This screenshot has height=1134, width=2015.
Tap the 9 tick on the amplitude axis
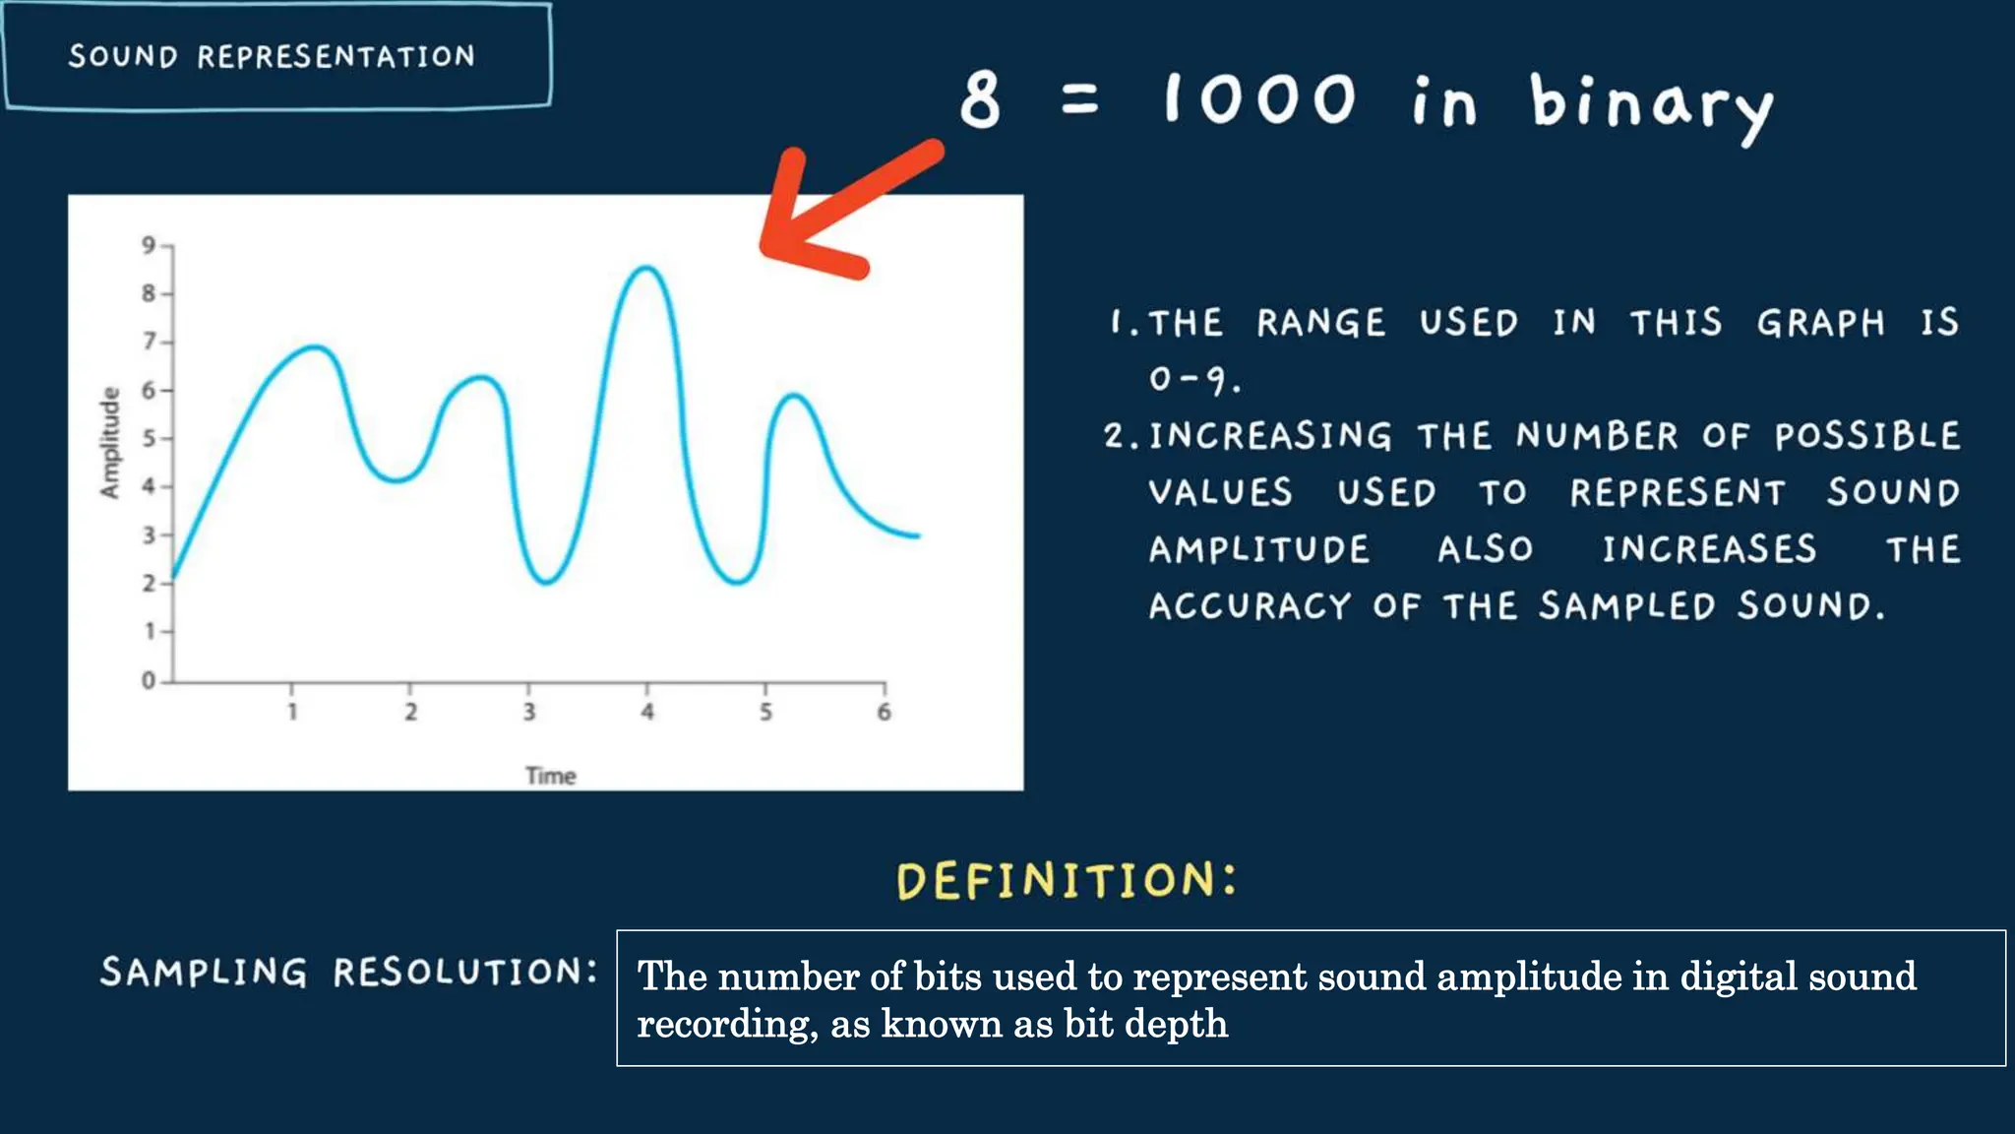149,244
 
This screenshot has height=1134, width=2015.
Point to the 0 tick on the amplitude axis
149,680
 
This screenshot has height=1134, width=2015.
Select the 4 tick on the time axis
646,711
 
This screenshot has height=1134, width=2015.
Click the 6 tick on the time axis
884,711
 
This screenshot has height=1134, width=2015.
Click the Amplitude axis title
109,442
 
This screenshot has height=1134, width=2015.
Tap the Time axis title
550,776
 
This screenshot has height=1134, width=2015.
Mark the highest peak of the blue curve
645,268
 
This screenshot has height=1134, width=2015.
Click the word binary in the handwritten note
1650,104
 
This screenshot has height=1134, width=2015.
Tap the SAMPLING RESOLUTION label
349,973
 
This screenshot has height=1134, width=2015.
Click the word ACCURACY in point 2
1250,606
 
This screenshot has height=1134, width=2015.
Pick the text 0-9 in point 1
1193,379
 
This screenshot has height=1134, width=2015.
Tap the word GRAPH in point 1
1820,323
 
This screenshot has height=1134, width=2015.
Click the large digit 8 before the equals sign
980,99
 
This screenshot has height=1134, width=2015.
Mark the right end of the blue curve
917,535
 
